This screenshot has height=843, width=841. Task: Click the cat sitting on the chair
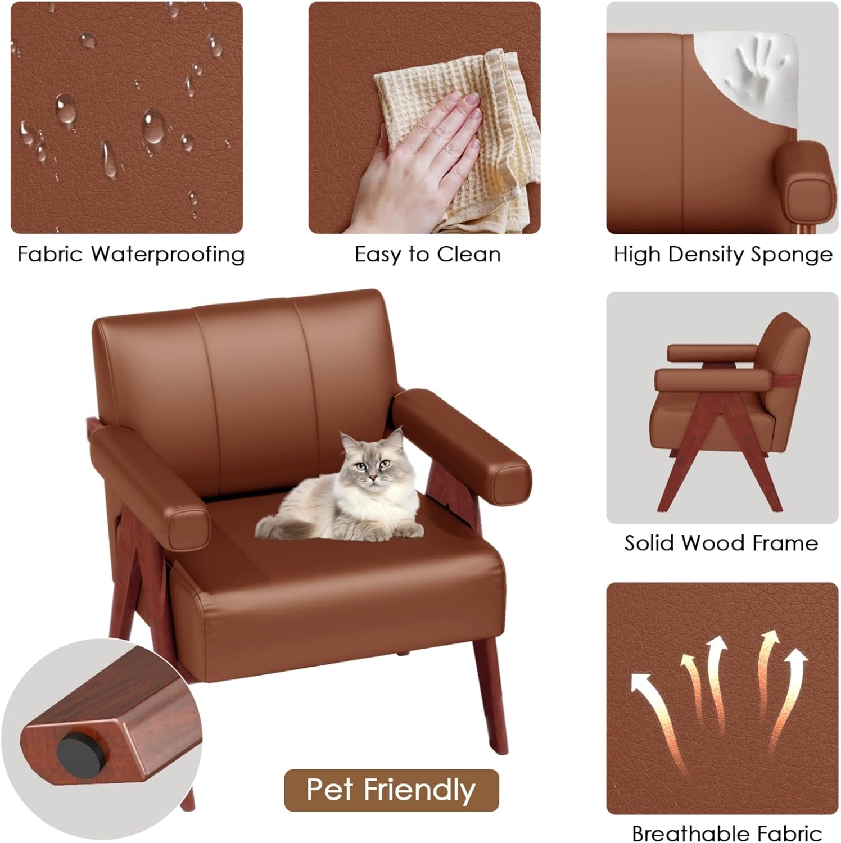(x=343, y=495)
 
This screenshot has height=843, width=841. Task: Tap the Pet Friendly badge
(x=391, y=790)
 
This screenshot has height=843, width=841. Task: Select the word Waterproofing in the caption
(x=168, y=255)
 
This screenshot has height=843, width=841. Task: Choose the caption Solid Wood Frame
(x=721, y=543)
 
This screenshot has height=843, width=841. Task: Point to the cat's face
(x=370, y=463)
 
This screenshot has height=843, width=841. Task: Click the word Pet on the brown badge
(x=331, y=790)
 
